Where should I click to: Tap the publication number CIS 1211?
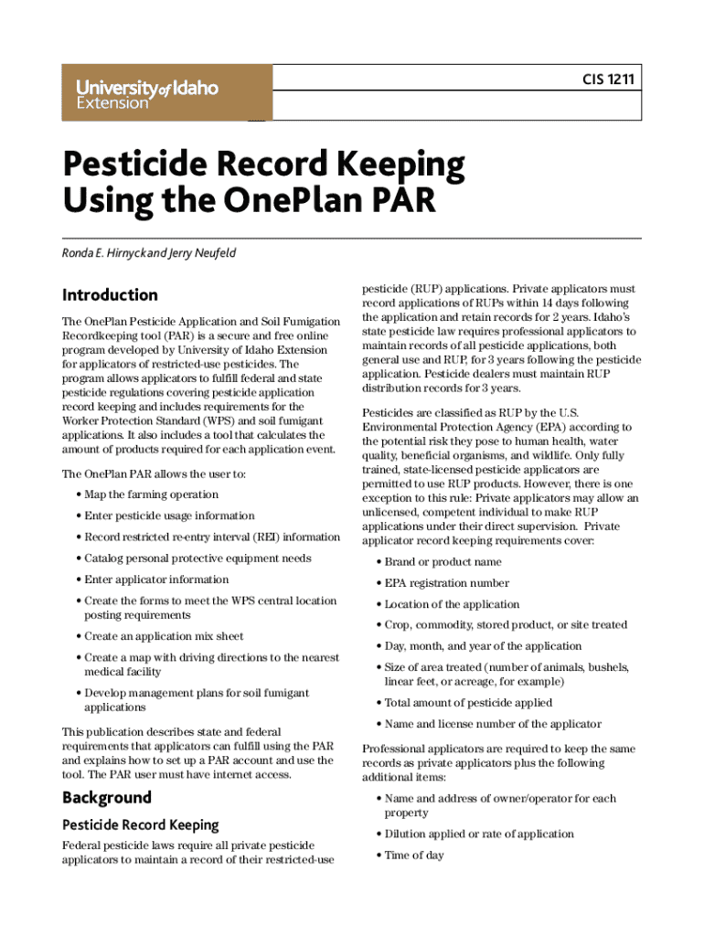tap(608, 80)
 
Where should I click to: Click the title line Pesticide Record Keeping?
tap(263, 165)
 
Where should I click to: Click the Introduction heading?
tap(110, 294)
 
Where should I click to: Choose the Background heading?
tap(106, 797)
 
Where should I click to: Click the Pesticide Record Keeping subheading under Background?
tap(140, 824)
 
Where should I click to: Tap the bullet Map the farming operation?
tap(151, 495)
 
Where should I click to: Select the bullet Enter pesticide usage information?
tap(169, 516)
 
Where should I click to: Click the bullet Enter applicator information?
tap(156, 580)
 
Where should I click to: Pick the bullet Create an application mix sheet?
tap(164, 636)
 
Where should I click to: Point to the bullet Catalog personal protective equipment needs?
tap(197, 558)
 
